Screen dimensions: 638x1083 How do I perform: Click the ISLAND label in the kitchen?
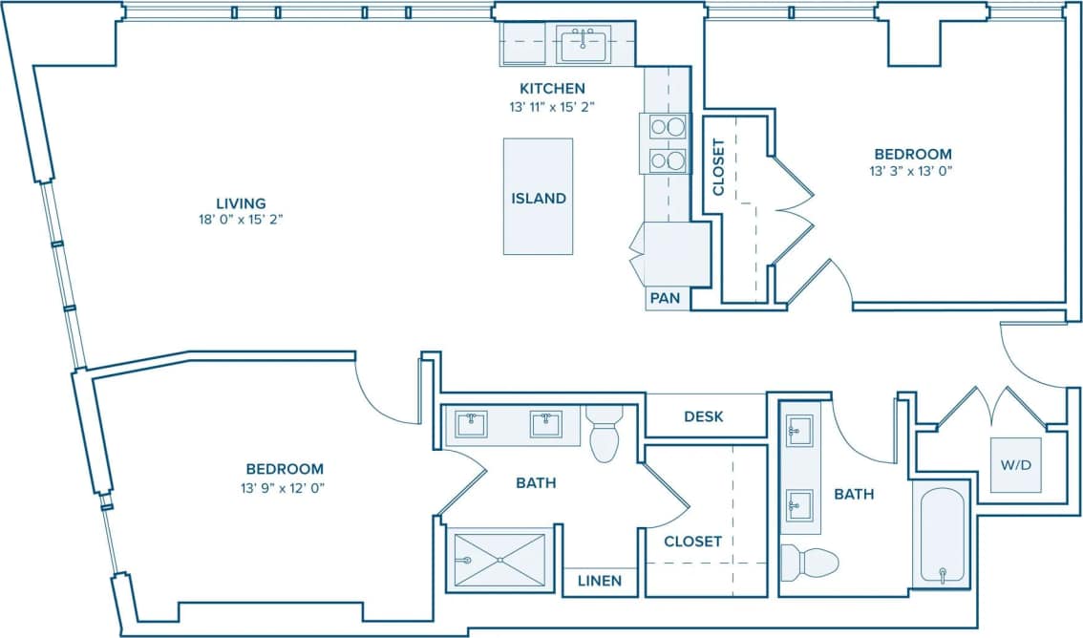(539, 199)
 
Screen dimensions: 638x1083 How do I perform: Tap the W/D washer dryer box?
(1015, 464)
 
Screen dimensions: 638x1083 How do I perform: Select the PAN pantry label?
(665, 298)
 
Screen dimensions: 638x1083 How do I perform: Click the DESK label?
(704, 416)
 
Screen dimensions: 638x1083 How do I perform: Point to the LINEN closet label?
(599, 581)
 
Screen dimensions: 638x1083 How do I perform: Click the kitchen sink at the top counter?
(583, 44)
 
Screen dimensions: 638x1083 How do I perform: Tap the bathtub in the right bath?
(942, 534)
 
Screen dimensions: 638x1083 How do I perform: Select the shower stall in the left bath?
(499, 559)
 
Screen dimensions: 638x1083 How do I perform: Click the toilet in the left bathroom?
(605, 435)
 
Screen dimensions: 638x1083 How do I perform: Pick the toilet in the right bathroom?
(810, 562)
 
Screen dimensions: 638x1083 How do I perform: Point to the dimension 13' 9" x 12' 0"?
(285, 486)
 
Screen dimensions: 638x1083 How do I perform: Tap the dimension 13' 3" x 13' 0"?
(913, 171)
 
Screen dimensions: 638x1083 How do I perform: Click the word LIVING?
(240, 202)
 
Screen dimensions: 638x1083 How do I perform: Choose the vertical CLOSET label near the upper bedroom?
(719, 167)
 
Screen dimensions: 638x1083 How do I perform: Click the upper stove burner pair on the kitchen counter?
(668, 127)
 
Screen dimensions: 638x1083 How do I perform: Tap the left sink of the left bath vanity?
(471, 423)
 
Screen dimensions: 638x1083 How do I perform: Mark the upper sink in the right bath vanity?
(798, 431)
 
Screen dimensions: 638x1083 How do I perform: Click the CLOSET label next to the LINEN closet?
(692, 542)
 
